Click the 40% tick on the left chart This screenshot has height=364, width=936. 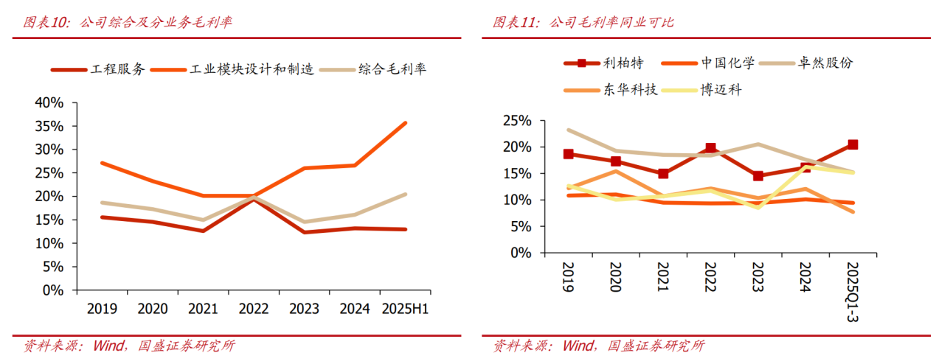[x=49, y=102]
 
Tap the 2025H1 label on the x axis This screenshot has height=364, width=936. [x=404, y=309]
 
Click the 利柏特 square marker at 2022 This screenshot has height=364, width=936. [x=710, y=149]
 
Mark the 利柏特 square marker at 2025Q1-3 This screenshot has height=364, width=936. [x=853, y=144]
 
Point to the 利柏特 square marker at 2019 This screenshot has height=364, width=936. [x=568, y=154]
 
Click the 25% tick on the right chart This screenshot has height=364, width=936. [x=516, y=120]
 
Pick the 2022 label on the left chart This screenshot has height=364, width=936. [x=253, y=309]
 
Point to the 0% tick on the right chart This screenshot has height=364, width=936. [x=520, y=253]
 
